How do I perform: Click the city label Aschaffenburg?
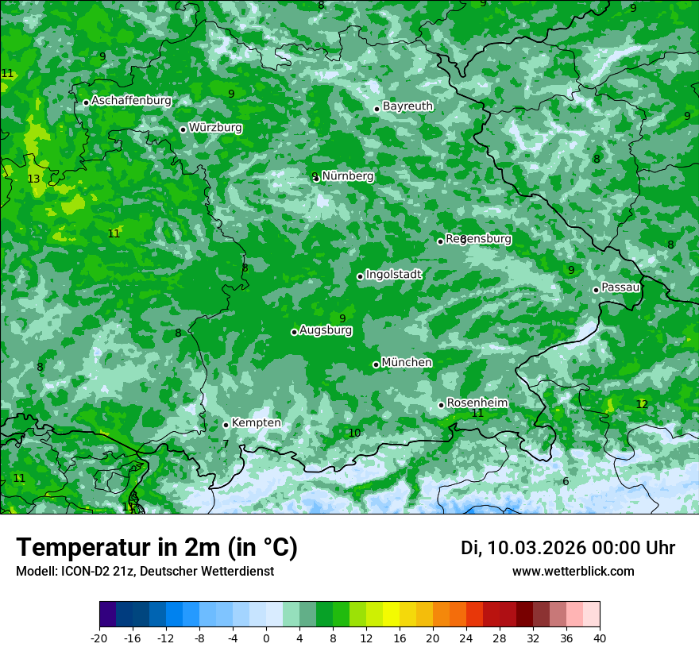coord(131,101)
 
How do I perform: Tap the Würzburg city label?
coord(215,128)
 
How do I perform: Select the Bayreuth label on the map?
coord(407,106)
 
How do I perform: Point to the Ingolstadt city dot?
coord(360,276)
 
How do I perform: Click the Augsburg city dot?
coord(294,332)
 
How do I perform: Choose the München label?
coord(407,363)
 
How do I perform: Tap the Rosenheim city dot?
coord(441,405)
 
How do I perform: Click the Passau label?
coord(620,287)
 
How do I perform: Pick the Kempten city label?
coord(256,423)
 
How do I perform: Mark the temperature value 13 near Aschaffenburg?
coord(33,179)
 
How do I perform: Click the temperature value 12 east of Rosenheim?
coord(642,404)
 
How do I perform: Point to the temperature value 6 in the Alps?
coord(566,482)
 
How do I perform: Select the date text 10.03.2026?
coord(537,548)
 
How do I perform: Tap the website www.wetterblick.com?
coord(573,572)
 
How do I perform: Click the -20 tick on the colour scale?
coord(99,638)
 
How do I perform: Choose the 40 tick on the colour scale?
coord(600,638)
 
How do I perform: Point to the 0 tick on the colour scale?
coord(266,638)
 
